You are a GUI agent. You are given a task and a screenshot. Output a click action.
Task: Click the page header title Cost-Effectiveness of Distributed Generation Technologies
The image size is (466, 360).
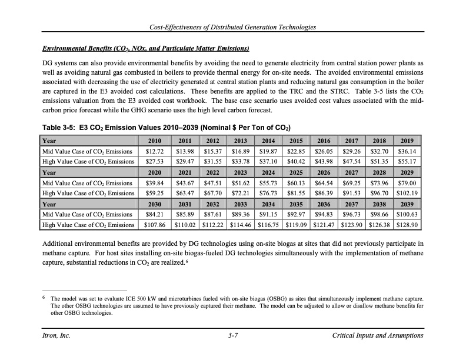coord(233,27)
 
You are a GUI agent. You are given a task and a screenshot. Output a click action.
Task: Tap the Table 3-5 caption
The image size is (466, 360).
coord(167,128)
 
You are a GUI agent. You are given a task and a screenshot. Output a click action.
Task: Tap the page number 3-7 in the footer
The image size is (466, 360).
coord(232,335)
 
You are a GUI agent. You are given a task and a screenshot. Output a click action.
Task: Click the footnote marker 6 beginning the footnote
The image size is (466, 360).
coord(44,298)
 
